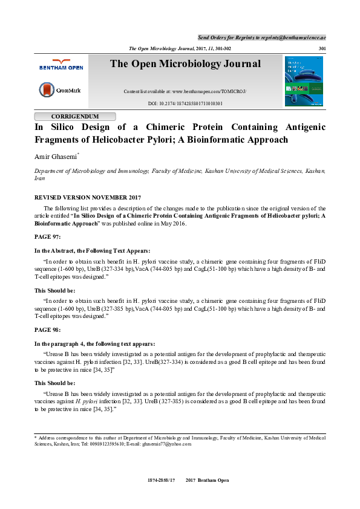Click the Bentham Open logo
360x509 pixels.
[x=60, y=65]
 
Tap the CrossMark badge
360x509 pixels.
[x=60, y=90]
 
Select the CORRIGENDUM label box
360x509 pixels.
[x=75, y=116]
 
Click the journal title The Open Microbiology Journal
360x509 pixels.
[x=185, y=64]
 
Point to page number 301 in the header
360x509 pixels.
[x=321, y=48]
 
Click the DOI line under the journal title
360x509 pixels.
[x=185, y=103]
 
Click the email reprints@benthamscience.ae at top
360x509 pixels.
[x=293, y=37]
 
